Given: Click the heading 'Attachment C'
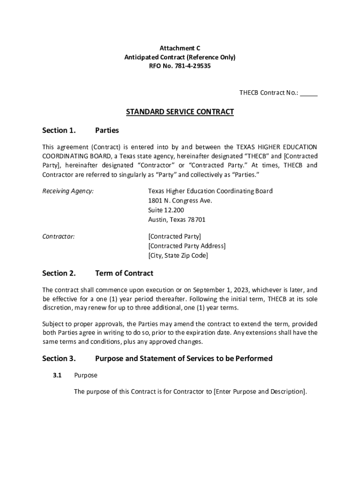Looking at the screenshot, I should (x=180, y=48).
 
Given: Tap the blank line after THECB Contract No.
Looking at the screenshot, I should (x=309, y=93).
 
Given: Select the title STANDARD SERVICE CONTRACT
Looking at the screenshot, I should (x=180, y=112).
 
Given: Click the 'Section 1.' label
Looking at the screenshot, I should (x=59, y=130).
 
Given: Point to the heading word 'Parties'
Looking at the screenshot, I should (x=107, y=130).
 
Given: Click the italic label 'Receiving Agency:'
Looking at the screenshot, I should (x=68, y=191).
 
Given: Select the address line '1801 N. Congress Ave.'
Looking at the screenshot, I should (x=180, y=201).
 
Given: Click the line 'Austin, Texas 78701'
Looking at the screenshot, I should (x=177, y=219).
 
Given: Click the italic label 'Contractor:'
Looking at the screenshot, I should (x=58, y=236).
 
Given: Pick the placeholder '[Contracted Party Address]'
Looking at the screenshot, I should (x=187, y=246).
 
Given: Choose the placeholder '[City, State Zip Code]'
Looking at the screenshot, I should (x=178, y=255).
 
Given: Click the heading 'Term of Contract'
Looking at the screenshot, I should (x=124, y=273).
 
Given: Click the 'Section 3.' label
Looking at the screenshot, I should (x=59, y=359).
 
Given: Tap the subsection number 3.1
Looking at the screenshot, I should (x=58, y=375).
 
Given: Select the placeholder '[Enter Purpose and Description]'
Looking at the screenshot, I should (x=259, y=392).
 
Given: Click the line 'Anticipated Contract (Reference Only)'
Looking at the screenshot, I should (x=180, y=57).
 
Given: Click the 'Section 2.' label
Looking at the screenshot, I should (x=59, y=273).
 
